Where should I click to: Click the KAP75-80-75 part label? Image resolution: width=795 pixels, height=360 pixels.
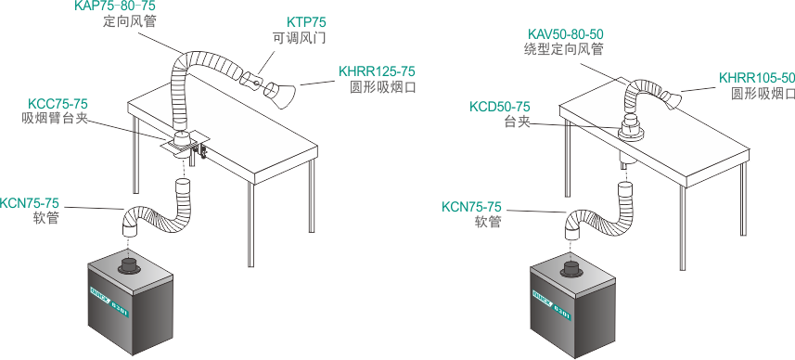[115, 6]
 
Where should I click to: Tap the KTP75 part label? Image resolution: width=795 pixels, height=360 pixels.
[306, 22]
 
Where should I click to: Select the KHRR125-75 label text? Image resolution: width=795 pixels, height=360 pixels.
[377, 71]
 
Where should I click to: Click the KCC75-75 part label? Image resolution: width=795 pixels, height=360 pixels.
[58, 104]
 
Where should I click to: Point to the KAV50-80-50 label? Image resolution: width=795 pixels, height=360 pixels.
[565, 34]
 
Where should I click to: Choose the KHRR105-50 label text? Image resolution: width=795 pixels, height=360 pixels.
[757, 78]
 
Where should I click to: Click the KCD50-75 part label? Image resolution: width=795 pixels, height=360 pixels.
[500, 107]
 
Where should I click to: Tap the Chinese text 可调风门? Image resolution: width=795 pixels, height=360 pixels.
[299, 39]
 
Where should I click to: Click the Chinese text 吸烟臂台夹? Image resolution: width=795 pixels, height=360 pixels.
[55, 118]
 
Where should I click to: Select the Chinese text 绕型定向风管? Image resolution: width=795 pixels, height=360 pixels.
[564, 50]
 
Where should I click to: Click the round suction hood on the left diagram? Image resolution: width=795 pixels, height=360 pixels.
[280, 95]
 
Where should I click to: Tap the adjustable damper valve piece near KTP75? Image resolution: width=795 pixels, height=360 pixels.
[253, 80]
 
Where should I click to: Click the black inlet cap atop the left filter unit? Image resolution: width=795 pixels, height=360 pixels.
[131, 265]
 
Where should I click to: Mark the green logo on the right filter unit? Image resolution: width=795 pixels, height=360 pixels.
[551, 302]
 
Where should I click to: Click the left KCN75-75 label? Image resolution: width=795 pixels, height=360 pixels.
[30, 203]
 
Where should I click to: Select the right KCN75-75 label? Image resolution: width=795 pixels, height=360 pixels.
[471, 207]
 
